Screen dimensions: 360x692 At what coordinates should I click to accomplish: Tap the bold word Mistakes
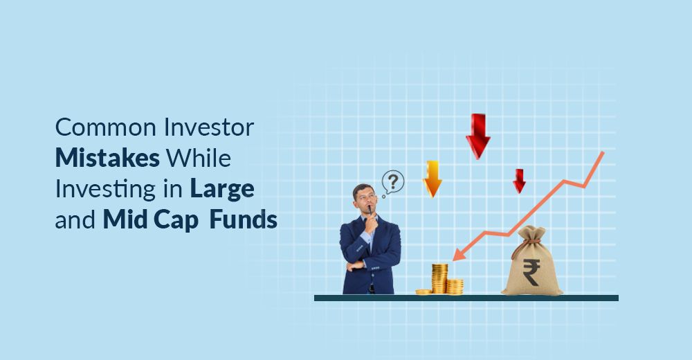click(x=107, y=158)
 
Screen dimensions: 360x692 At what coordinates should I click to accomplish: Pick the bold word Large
click(x=224, y=189)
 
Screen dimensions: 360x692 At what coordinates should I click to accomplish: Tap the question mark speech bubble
click(x=392, y=183)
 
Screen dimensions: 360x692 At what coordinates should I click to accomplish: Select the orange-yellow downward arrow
click(x=432, y=179)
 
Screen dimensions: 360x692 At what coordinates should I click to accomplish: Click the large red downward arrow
click(x=477, y=136)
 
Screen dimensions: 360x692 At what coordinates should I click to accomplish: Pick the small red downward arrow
click(x=519, y=181)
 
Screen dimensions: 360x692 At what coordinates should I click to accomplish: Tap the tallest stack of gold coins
click(x=439, y=278)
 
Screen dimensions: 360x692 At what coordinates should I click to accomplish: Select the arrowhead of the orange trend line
click(x=457, y=257)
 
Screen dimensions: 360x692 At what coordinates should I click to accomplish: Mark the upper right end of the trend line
click(x=603, y=152)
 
